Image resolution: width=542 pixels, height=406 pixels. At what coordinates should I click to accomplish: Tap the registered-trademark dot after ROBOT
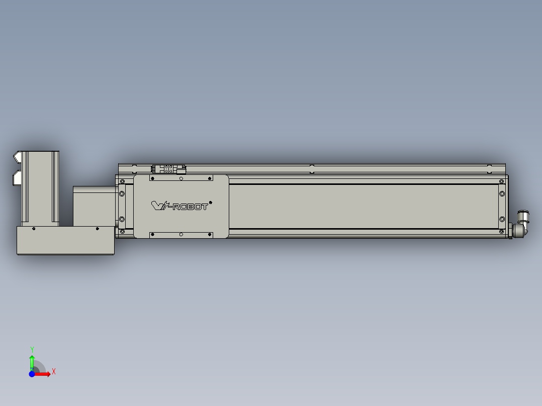[210, 202]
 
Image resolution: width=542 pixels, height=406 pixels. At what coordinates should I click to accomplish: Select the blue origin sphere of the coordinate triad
[32, 374]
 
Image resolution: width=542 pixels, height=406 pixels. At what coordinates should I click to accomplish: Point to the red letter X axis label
[54, 372]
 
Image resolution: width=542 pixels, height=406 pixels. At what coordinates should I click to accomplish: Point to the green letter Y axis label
[32, 349]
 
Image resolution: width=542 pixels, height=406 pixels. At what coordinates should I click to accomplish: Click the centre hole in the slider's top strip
[181, 178]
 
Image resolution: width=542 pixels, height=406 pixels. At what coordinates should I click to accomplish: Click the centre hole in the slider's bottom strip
[181, 235]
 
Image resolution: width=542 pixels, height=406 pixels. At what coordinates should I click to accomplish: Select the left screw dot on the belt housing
[34, 229]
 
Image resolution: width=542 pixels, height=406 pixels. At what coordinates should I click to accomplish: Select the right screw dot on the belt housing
[98, 229]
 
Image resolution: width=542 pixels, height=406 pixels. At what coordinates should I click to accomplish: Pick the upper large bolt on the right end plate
[501, 193]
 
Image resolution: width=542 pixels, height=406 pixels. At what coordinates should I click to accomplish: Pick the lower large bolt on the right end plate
[501, 219]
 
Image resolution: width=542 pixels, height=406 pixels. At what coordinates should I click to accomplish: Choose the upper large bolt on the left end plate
[121, 193]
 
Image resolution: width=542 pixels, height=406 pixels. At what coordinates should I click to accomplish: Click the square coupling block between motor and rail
[95, 206]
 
